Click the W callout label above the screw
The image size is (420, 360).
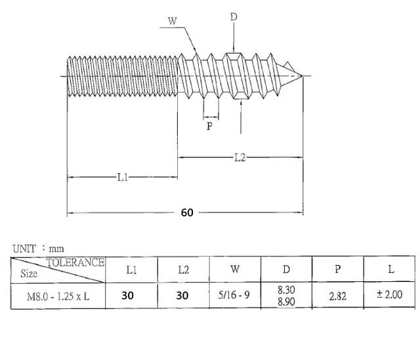(173, 21)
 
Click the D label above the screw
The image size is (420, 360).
(233, 16)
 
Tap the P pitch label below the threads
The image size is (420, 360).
(209, 126)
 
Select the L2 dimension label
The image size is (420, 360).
(240, 157)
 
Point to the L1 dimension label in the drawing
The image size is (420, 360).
(123, 177)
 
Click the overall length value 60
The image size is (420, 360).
(187, 213)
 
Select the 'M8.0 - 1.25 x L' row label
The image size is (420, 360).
(58, 295)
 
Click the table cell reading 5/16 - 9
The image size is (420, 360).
(235, 295)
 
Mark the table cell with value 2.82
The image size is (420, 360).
(338, 296)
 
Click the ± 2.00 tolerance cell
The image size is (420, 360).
(391, 295)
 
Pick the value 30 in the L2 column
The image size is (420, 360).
(182, 296)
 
